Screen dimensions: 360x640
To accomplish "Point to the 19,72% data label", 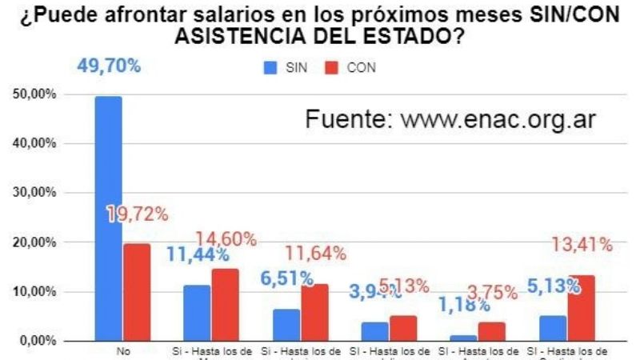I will pyautogui.click(x=137, y=214).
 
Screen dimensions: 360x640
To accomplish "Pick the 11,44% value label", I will pyautogui.click(x=198, y=255).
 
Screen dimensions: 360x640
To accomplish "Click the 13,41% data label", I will pyautogui.click(x=581, y=244).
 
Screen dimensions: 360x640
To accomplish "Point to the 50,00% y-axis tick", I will pyautogui.click(x=33, y=94).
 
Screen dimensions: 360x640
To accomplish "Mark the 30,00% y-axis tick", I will pyautogui.click(x=33, y=193).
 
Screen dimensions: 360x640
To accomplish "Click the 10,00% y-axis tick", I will pyautogui.click(x=33, y=292).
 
